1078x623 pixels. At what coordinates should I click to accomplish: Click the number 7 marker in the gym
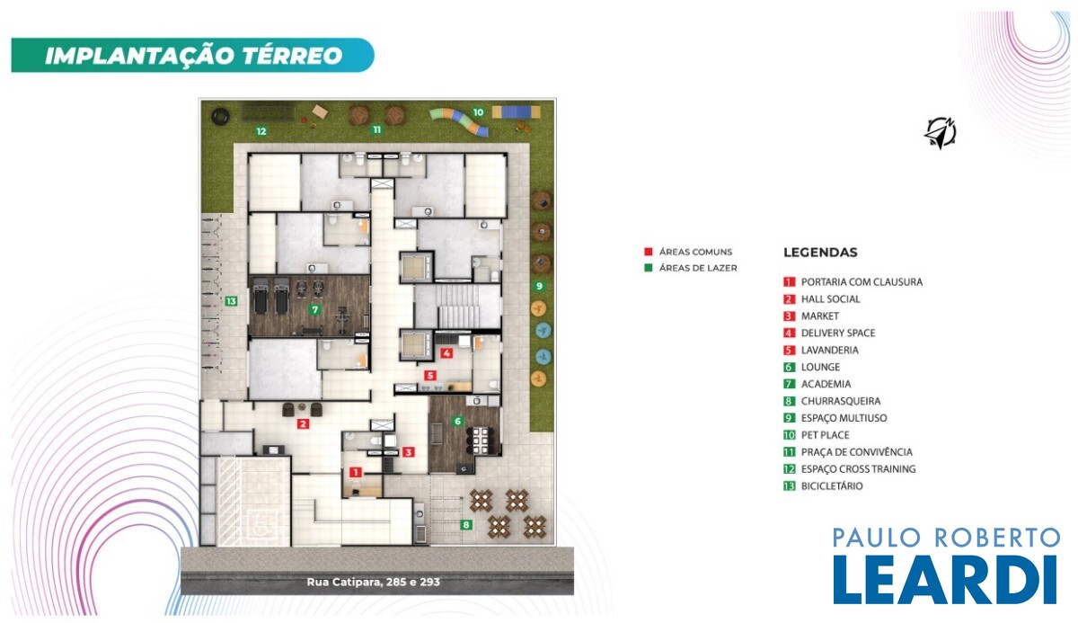pos(314,309)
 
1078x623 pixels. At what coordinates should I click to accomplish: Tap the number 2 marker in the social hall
pos(303,424)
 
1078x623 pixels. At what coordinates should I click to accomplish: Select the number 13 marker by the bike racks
pos(231,301)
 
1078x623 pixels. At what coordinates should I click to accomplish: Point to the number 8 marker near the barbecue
pos(466,525)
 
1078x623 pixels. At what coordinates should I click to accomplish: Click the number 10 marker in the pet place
pos(478,112)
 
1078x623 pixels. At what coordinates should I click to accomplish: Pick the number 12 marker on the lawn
pos(261,131)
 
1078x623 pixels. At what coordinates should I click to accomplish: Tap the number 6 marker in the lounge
pos(457,422)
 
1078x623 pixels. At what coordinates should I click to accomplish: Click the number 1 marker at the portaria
pos(355,472)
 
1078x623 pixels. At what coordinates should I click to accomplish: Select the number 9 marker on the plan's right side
pos(539,286)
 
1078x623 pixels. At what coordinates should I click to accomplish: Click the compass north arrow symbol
pos(940,133)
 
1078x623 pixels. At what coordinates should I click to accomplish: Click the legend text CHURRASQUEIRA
pos(841,401)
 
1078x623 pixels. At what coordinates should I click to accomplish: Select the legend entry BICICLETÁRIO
pos(832,486)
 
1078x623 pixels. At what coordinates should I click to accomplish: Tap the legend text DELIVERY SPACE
pos(838,334)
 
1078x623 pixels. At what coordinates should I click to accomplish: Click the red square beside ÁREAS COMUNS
pos(649,252)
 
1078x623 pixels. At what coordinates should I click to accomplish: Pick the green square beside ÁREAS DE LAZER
pos(649,268)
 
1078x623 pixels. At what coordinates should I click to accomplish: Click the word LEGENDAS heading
pos(820,253)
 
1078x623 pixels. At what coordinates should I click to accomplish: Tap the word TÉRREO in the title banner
pos(292,56)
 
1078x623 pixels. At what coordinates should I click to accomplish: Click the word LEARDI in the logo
pos(945,580)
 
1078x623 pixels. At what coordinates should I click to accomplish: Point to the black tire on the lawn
pos(220,116)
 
